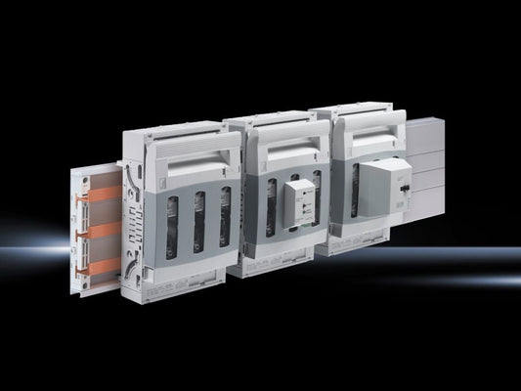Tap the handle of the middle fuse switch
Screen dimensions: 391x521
click(287, 138)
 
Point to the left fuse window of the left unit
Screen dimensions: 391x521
click(171, 226)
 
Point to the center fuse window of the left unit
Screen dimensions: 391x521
click(199, 221)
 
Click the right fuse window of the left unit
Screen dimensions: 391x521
click(225, 216)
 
